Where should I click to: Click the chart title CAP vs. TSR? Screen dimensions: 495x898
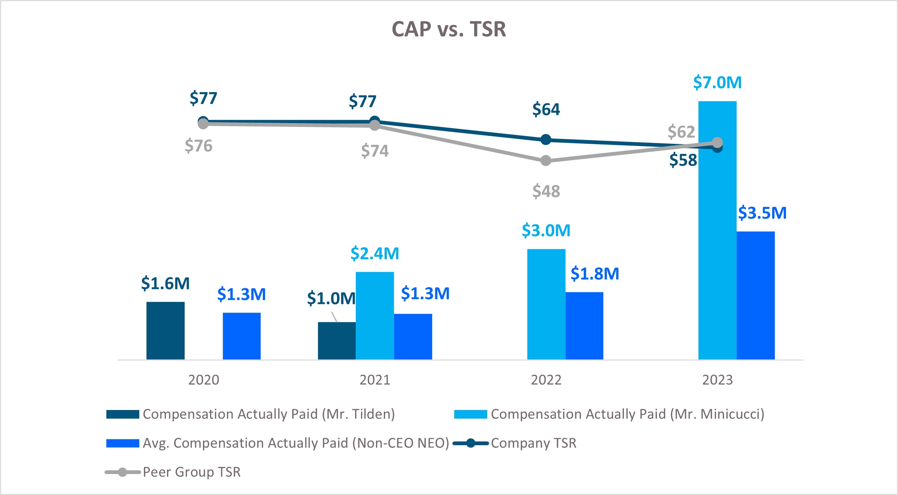[449, 29]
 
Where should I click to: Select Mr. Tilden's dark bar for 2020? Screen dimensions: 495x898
[165, 330]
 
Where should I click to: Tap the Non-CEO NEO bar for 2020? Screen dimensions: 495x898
[242, 336]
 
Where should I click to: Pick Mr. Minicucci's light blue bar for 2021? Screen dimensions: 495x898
[374, 315]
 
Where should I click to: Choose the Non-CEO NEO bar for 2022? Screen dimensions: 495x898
[584, 325]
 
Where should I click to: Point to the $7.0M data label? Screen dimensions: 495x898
[717, 82]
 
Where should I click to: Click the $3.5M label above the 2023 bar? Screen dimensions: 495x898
[762, 213]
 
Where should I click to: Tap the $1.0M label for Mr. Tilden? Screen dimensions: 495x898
[331, 298]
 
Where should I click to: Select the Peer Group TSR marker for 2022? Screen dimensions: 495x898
[546, 161]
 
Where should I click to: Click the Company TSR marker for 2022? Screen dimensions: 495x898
[546, 140]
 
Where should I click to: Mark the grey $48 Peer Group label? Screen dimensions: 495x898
[546, 191]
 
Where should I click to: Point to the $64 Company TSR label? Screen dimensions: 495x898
[546, 109]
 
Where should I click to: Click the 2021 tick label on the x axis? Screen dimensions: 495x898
[374, 380]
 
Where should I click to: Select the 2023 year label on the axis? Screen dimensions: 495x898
[717, 380]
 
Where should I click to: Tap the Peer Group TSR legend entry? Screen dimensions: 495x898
[191, 472]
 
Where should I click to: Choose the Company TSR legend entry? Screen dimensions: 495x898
[533, 443]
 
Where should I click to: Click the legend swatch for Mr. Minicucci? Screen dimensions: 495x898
[470, 414]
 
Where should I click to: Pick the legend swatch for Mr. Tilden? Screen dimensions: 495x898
[122, 414]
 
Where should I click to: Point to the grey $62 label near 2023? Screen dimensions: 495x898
[681, 132]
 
